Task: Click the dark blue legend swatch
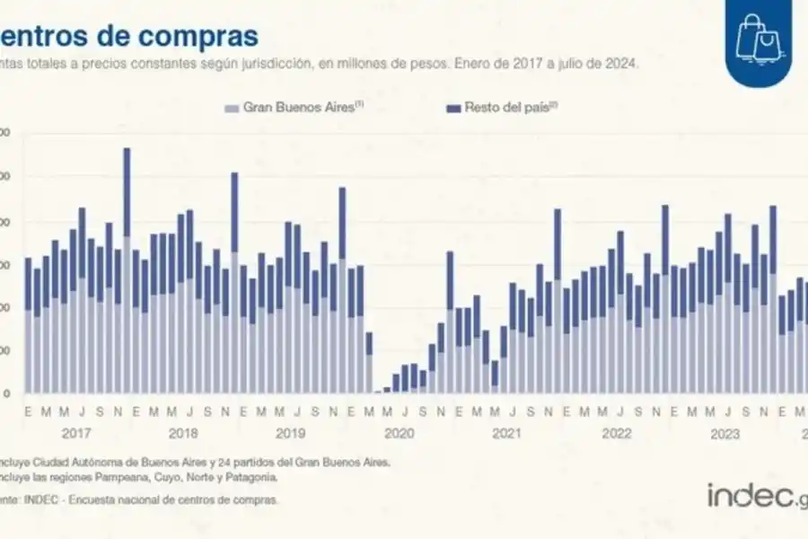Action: [453, 108]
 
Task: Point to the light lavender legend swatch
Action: [231, 108]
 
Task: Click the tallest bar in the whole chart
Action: [127, 269]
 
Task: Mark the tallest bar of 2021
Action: [558, 301]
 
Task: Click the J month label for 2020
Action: [405, 412]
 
